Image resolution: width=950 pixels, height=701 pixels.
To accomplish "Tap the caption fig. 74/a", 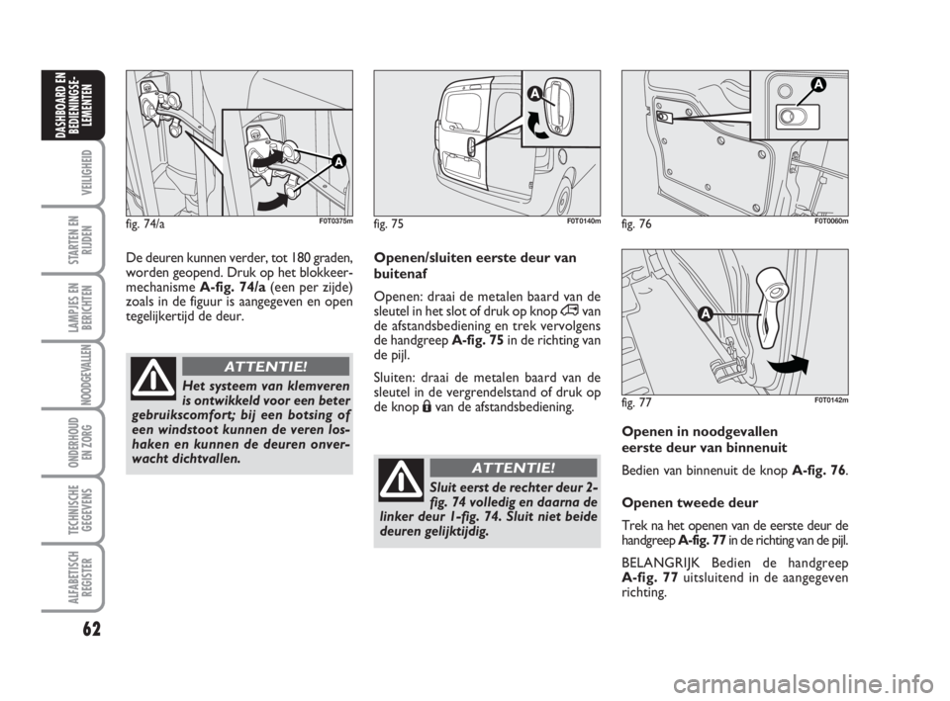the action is [x=146, y=224].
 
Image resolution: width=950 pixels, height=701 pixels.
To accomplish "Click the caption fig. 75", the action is [x=389, y=224].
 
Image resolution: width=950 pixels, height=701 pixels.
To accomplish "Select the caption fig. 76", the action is [x=636, y=224].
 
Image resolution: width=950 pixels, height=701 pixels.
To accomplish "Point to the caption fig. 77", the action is [x=636, y=402].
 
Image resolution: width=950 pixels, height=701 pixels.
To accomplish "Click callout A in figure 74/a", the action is [x=337, y=161].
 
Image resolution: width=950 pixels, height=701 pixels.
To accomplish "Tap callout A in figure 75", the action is [x=534, y=94].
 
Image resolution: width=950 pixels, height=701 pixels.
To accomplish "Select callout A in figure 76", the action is [x=818, y=86].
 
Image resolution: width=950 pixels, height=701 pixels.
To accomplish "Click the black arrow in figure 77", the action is [x=788, y=366].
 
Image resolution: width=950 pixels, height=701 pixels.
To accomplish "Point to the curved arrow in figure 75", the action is [x=538, y=126].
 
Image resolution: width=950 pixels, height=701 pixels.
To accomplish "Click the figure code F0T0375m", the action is [x=335, y=220].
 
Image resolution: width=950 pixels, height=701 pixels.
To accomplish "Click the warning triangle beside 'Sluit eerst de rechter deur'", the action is [x=402, y=479].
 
